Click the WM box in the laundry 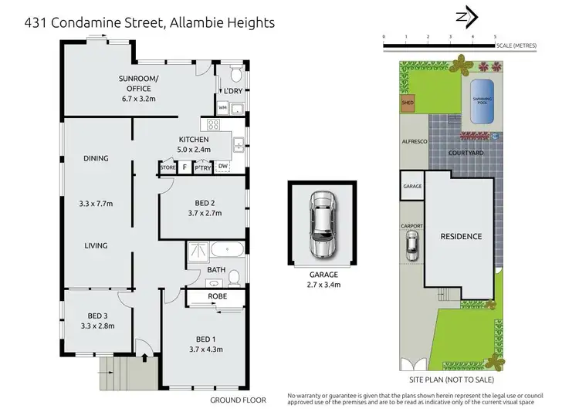point(222,107)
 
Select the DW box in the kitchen point(222,167)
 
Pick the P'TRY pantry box point(202,167)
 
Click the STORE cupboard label point(168,167)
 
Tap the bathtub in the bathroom point(225,250)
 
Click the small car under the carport point(412,248)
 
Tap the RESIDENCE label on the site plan point(461,237)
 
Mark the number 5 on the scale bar point(495,36)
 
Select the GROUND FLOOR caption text point(238,400)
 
